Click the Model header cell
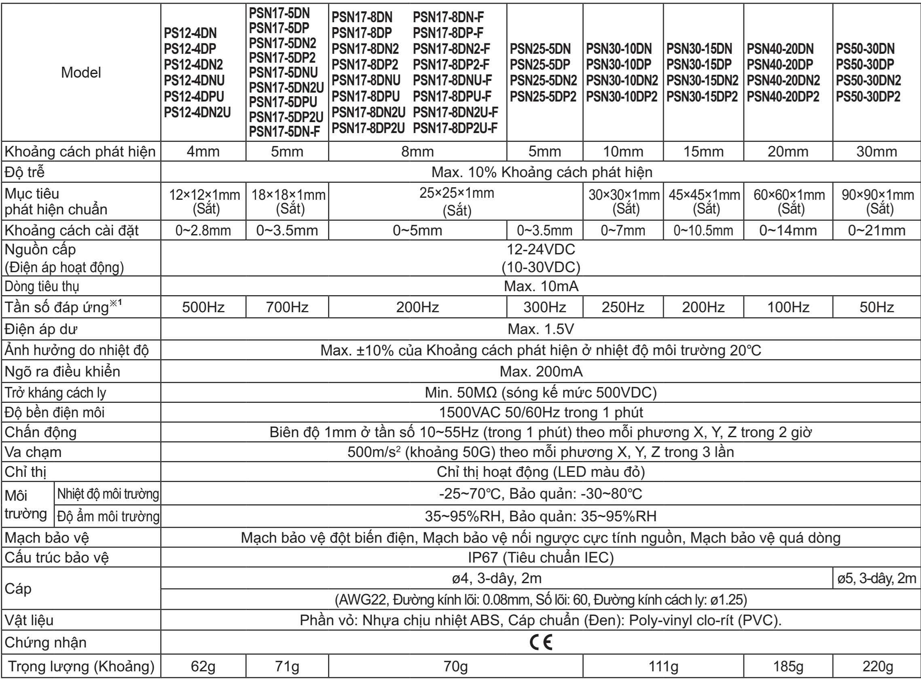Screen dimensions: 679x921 [81, 73]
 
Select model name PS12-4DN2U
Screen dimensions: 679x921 [197, 112]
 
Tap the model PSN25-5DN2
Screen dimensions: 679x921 [543, 80]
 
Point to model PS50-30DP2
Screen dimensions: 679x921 [868, 96]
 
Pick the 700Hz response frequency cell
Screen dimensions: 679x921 [287, 307]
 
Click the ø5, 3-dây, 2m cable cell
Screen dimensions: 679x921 [877, 578]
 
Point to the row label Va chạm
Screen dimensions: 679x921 [33, 452]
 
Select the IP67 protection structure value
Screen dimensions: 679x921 [540, 558]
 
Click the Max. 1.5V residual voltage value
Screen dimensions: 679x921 [540, 329]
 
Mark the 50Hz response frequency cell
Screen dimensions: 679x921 [877, 307]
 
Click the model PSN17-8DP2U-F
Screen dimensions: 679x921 [455, 128]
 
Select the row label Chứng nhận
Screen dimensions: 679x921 [45, 643]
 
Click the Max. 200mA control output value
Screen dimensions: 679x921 [540, 372]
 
